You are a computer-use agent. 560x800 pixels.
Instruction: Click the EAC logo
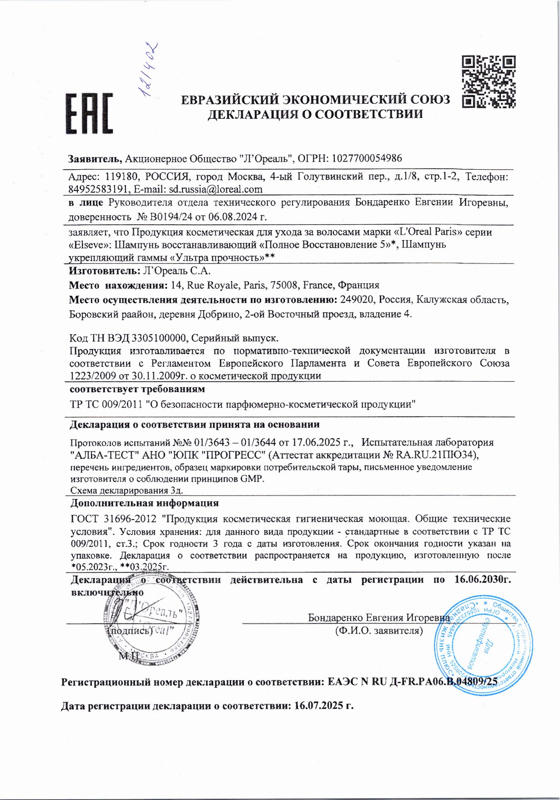pyautogui.click(x=90, y=114)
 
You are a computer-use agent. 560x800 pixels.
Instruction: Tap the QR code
pyautogui.click(x=489, y=81)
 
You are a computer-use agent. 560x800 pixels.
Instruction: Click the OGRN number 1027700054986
pyautogui.click(x=367, y=158)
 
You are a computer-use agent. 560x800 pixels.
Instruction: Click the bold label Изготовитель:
pyautogui.click(x=104, y=271)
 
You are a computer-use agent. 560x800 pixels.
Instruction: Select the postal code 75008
pyautogui.click(x=285, y=285)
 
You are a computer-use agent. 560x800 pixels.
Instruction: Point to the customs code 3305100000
pyautogui.click(x=159, y=338)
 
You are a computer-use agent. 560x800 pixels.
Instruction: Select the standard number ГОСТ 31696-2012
pyautogui.click(x=114, y=519)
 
